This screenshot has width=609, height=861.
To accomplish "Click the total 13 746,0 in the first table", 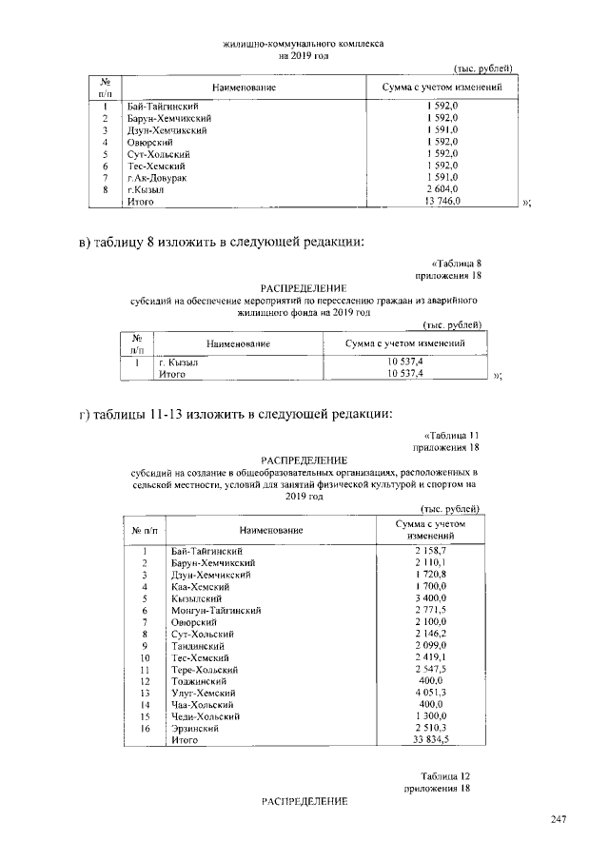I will click(442, 202).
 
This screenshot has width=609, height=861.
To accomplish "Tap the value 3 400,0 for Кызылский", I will click(431, 598).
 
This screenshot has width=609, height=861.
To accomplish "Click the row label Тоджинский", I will click(198, 681).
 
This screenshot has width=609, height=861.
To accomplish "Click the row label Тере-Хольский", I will click(203, 669).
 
